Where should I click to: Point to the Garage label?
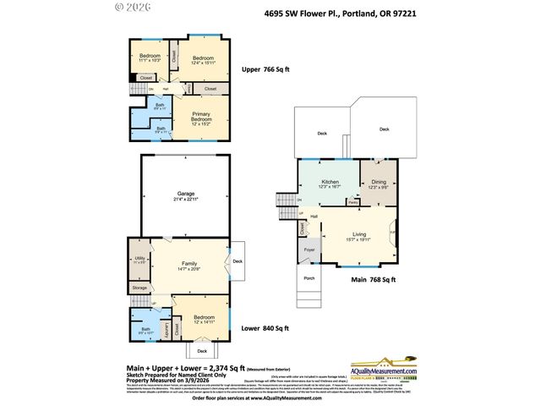(x=185, y=194)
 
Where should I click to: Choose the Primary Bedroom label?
(x=201, y=118)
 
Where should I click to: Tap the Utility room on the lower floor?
(x=139, y=260)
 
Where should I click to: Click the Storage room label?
(x=139, y=288)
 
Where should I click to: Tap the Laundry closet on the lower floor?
(x=167, y=326)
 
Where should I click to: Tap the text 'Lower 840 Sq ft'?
(x=265, y=328)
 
